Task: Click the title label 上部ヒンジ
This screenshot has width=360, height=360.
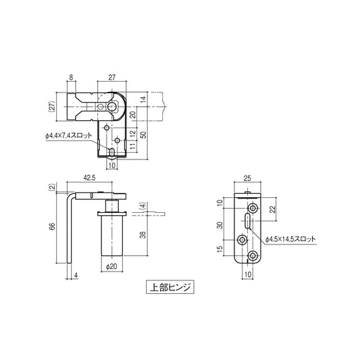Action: [x=170, y=286]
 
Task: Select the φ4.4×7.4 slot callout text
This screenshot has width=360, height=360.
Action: [x=70, y=136]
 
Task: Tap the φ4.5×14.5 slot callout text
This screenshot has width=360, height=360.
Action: [x=290, y=239]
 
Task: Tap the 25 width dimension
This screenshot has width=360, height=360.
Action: [x=247, y=179]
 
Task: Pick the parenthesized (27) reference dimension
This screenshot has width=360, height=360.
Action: [x=51, y=106]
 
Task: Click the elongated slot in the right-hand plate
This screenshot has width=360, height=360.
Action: [x=249, y=220]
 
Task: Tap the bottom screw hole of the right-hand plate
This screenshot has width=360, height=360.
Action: [x=253, y=255]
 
